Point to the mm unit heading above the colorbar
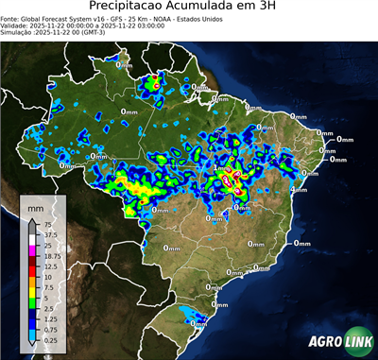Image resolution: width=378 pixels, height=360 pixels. [x=37, y=207]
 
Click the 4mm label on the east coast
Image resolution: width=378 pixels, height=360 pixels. [x=298, y=189]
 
